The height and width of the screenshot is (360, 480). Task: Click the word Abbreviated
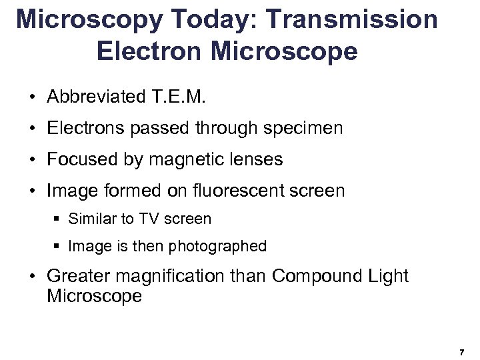click(x=93, y=97)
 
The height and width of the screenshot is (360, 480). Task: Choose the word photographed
click(x=217, y=246)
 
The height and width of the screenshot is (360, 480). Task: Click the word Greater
click(x=79, y=276)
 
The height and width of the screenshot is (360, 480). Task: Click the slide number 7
click(x=461, y=351)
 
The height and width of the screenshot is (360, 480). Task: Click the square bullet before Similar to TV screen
click(x=58, y=219)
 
